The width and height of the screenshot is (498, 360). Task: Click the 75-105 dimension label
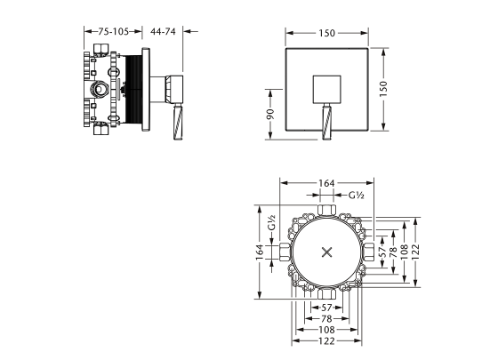(114, 31)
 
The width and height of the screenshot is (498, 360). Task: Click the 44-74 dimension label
(163, 31)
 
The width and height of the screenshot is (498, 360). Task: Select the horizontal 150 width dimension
(327, 33)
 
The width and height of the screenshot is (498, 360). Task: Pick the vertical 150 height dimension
(383, 89)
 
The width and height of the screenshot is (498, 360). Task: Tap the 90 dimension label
(270, 114)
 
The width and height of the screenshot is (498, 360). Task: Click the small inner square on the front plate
(327, 90)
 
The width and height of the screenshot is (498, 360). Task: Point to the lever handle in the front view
(327, 122)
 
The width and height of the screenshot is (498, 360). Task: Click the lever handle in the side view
(178, 122)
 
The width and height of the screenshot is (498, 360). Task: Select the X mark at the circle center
(327, 252)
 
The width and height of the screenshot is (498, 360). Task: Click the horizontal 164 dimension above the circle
(327, 183)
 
